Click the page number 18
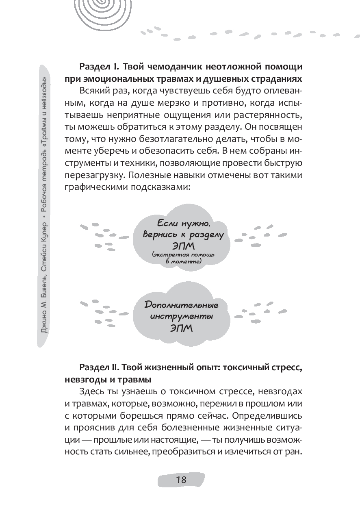(x=181, y=480)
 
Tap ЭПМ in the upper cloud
(x=183, y=247)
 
